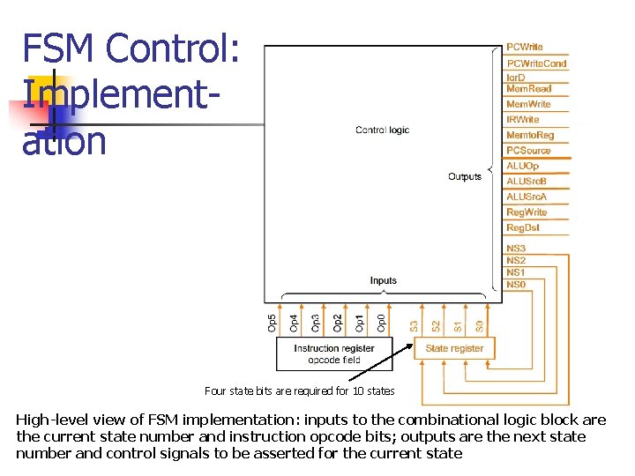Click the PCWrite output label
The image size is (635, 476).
point(525,47)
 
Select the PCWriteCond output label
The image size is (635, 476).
point(536,63)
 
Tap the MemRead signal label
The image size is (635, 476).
point(528,88)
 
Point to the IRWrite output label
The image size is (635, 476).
point(523,119)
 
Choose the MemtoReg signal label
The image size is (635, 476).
point(530,135)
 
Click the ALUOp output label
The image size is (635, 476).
point(522,166)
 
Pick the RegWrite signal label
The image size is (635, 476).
point(527,212)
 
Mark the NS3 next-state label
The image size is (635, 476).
point(516,249)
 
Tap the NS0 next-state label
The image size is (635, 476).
point(516,285)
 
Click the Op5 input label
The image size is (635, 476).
point(272,323)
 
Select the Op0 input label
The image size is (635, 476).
point(381,323)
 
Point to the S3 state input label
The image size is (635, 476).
point(415,325)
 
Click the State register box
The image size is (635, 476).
point(454,348)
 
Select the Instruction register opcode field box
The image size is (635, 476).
point(333,353)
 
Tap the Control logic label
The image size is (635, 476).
point(382,130)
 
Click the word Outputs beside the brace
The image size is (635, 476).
point(465,176)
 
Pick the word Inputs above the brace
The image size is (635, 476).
point(383,280)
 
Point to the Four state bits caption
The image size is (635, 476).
point(299,390)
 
